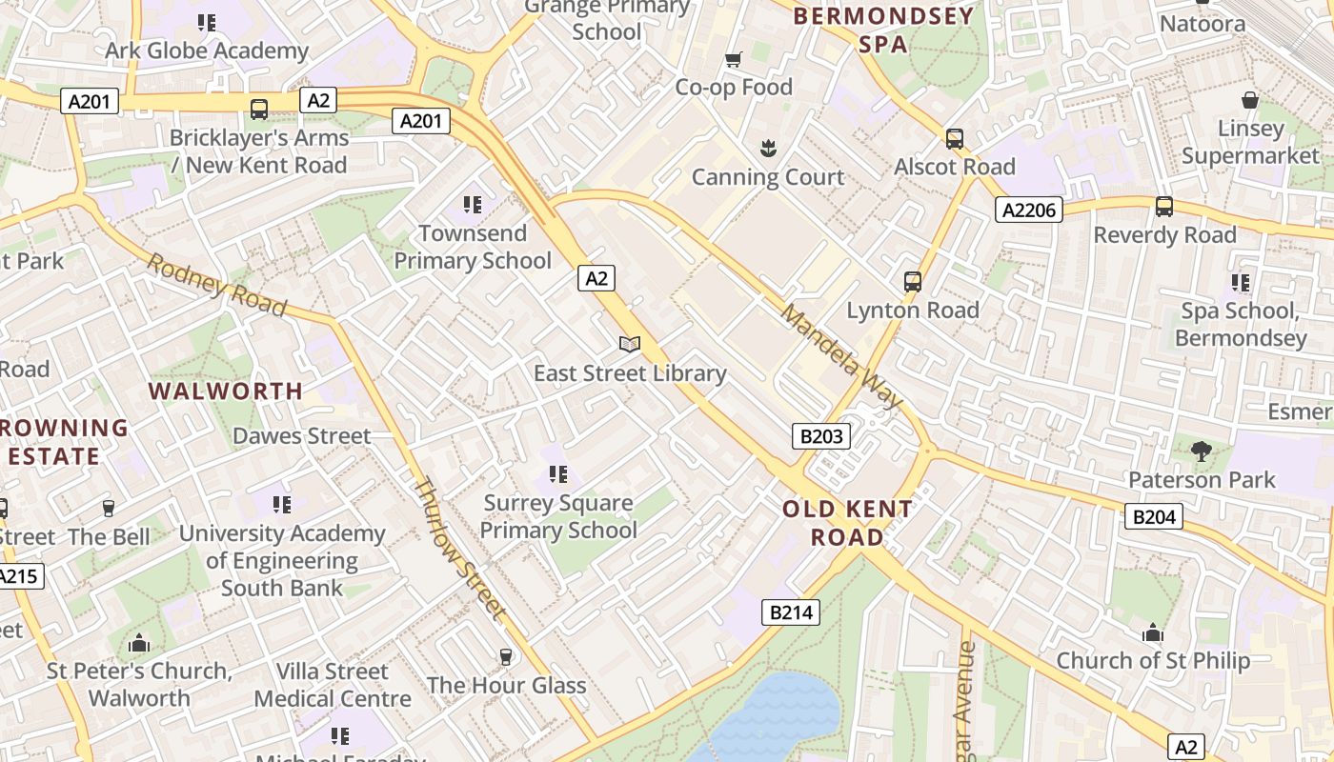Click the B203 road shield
coord(820,436)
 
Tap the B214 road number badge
coord(791,612)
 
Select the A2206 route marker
coord(1029,210)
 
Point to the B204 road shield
coord(1154,516)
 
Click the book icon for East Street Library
coord(629,344)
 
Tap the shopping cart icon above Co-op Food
coord(733,60)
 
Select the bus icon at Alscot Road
coord(955,139)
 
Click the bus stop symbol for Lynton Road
coord(913,282)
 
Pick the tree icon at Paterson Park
coord(1201,451)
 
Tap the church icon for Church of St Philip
coord(1153,632)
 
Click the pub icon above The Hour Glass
coord(506,656)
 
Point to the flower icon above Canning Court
coord(767,149)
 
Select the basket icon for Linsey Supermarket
coord(1250,100)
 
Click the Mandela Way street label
coord(840,356)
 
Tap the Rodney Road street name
coord(216,284)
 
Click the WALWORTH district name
coord(226,391)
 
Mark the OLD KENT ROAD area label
coord(847,523)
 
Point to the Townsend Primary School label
coord(473,247)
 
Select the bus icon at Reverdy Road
coord(1163,207)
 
